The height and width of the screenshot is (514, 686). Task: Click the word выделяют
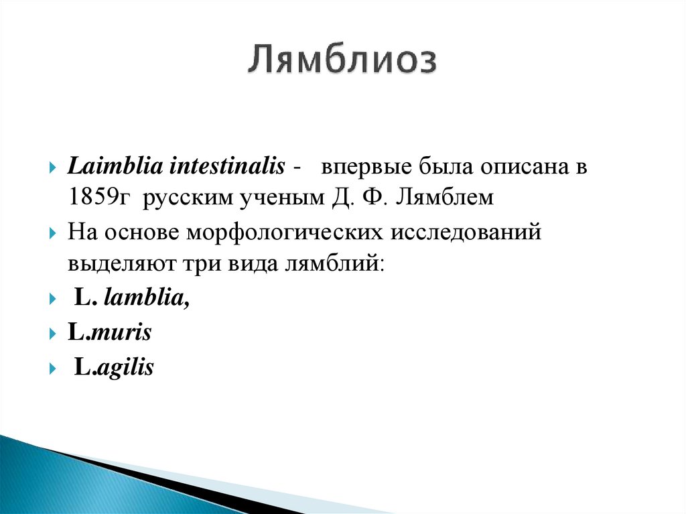coord(118,263)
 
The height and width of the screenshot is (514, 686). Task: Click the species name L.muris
coord(109,332)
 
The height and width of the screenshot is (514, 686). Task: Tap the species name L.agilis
coord(114,367)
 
